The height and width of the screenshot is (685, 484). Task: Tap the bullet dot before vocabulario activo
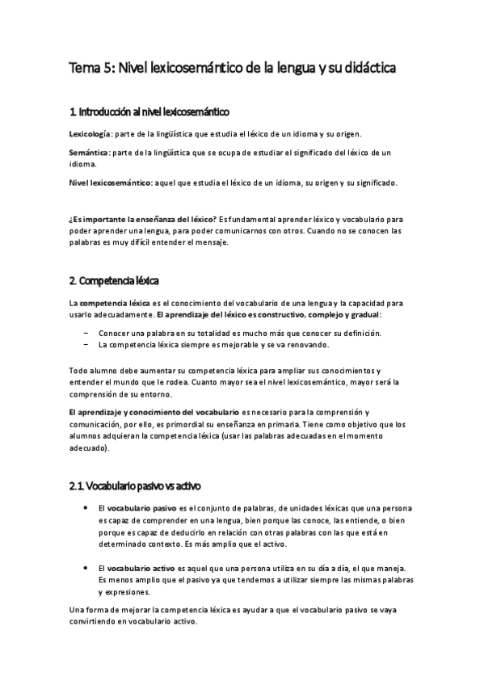tap(86, 570)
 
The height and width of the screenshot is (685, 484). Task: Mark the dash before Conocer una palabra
tap(86, 333)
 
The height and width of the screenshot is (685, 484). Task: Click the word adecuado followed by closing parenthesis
tap(87, 447)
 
